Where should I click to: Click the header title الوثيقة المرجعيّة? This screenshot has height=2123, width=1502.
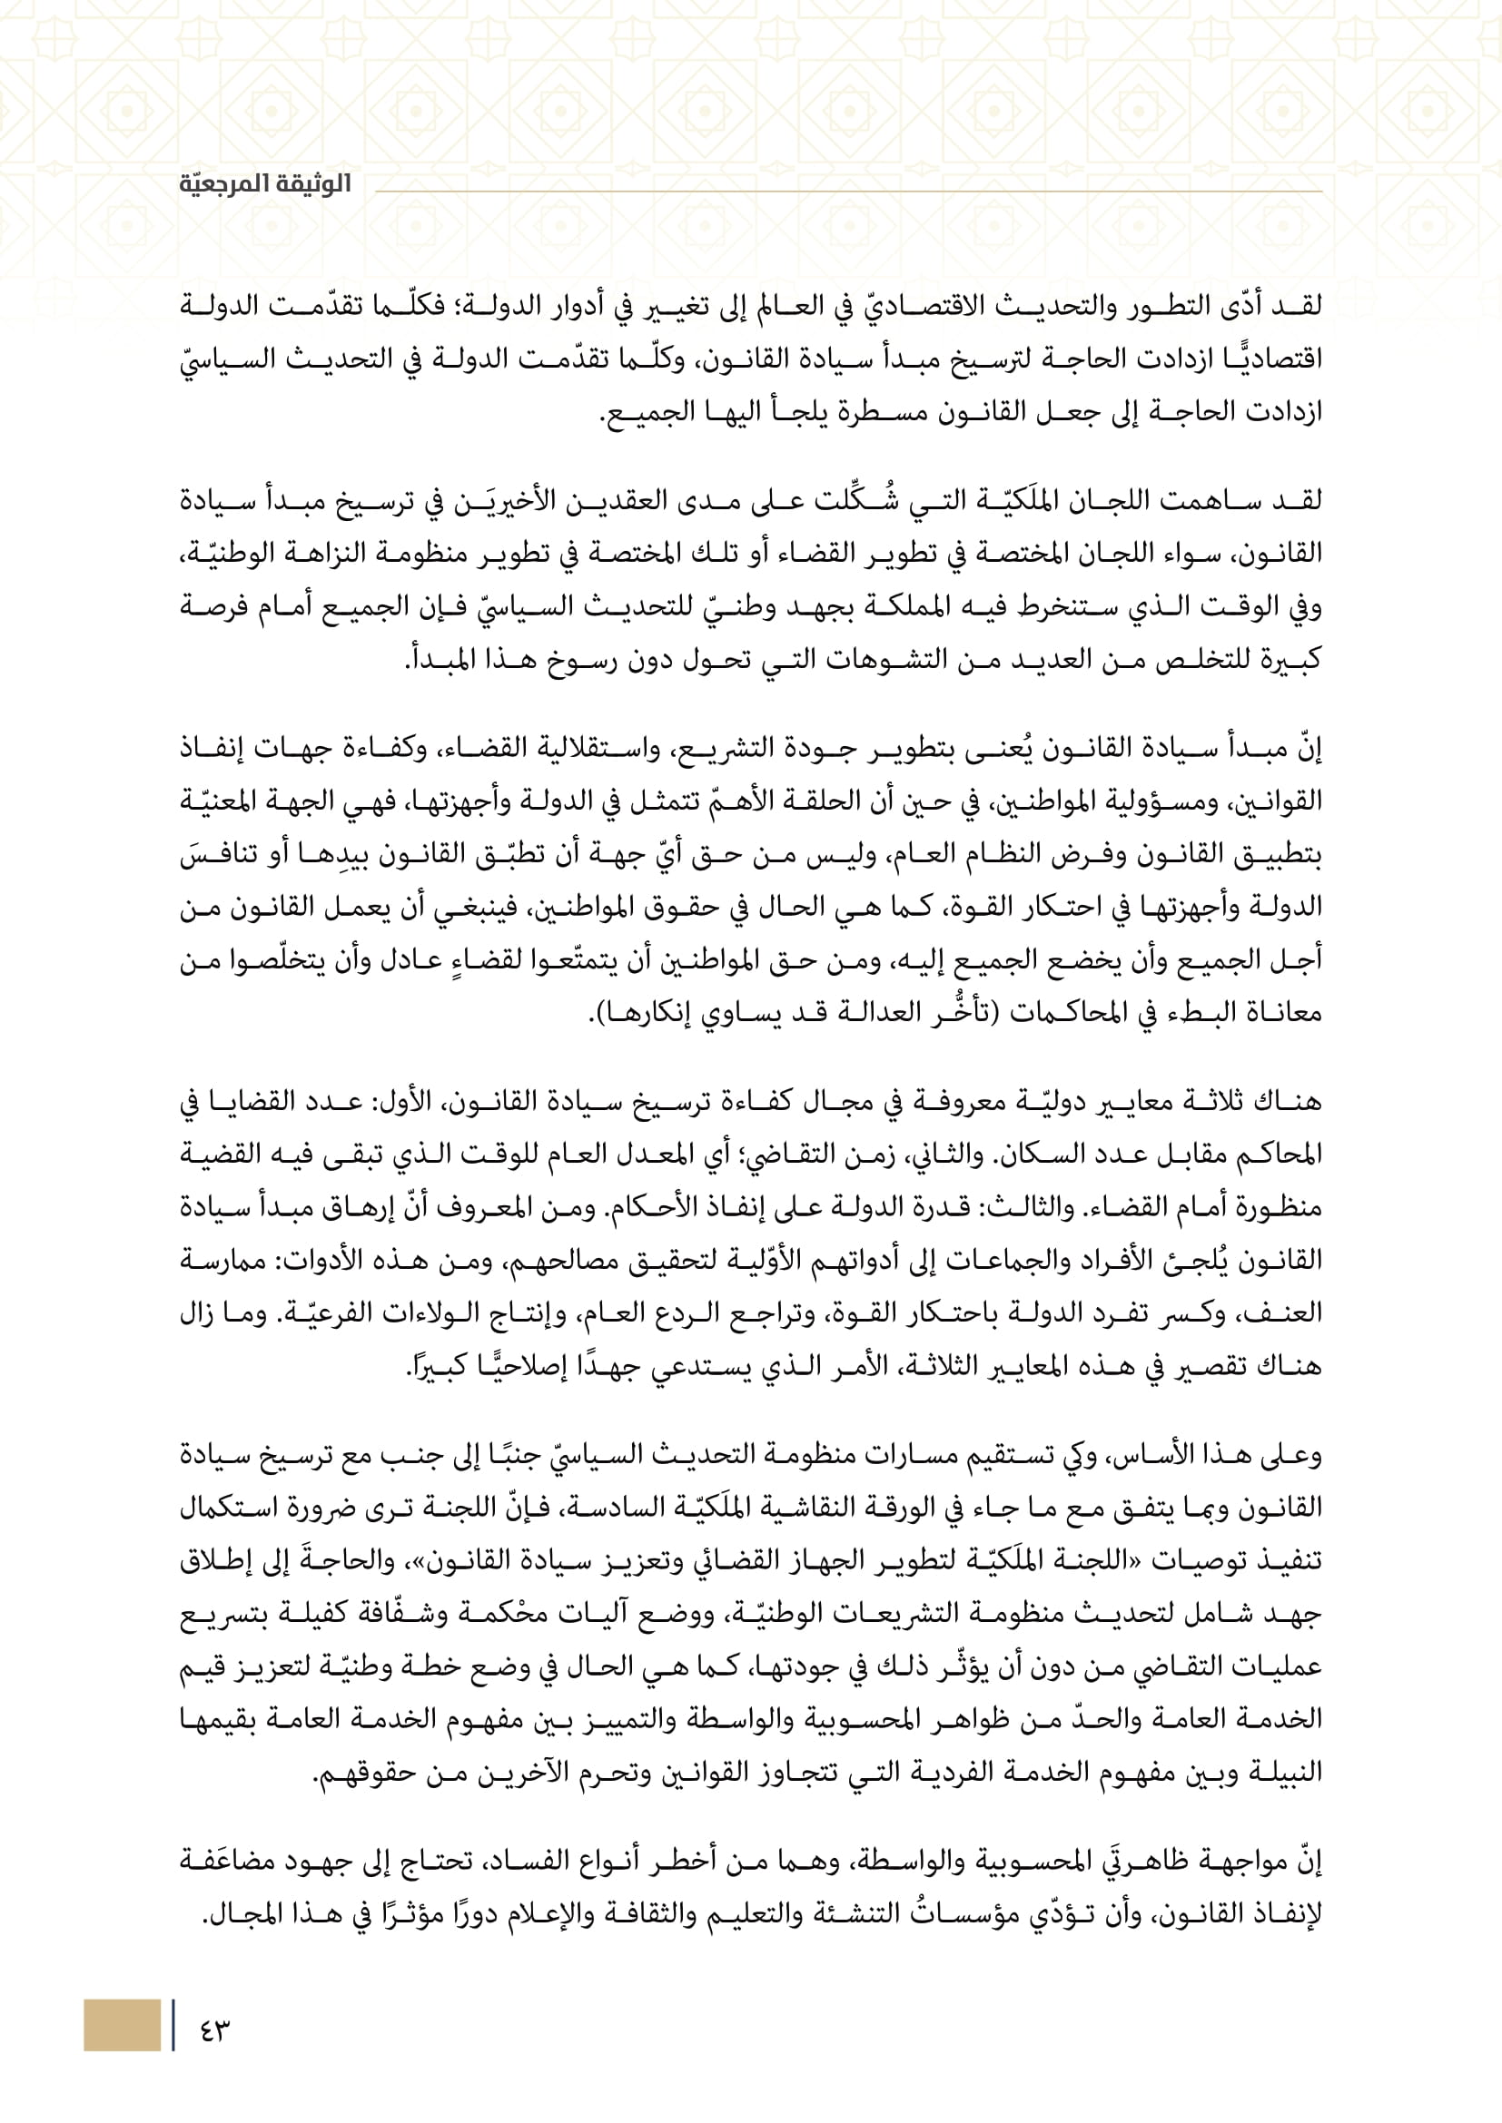[265, 183]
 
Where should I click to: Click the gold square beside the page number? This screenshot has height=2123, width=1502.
[121, 2025]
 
